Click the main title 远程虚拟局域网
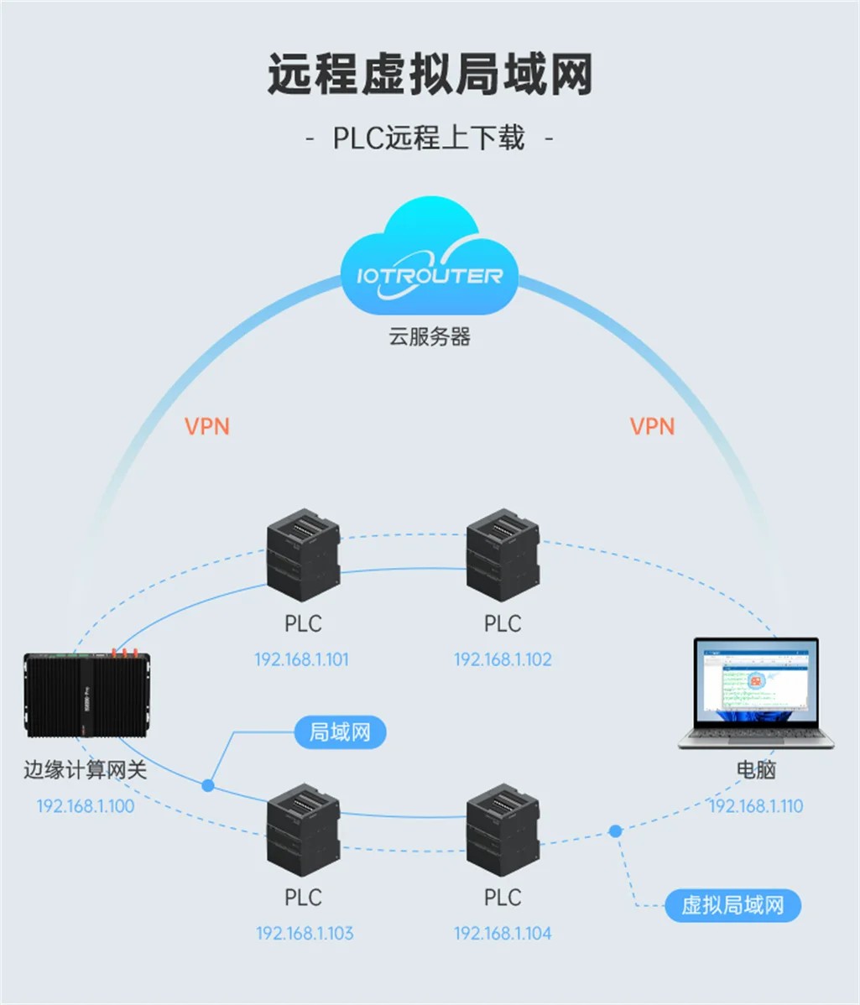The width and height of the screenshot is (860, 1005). point(430,76)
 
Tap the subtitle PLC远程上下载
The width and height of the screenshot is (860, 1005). point(430,137)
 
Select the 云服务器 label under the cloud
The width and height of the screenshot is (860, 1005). point(430,337)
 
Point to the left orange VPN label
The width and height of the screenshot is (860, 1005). point(206,426)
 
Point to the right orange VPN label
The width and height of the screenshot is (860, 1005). point(652,426)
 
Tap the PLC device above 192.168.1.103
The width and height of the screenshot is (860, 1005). point(303,828)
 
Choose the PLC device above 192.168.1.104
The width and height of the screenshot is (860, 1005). point(503,828)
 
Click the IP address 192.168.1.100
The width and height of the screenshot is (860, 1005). point(85,806)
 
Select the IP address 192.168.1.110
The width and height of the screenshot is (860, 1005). point(756,806)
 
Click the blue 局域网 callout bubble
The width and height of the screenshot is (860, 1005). point(340,732)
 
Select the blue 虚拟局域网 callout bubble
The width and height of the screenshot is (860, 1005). point(732,906)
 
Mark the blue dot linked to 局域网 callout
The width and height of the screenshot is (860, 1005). point(208,785)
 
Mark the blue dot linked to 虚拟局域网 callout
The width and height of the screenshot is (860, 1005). point(615,831)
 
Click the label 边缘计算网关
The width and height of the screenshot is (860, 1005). point(85,770)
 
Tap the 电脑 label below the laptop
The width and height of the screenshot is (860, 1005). point(756,770)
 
